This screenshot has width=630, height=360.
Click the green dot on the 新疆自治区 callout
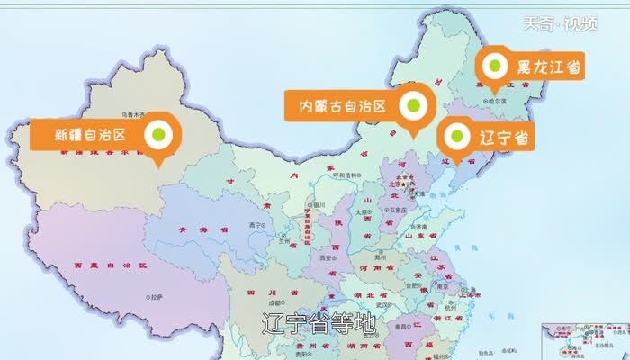158,135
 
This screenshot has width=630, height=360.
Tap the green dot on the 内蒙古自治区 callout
412,105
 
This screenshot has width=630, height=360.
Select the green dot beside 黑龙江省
494,66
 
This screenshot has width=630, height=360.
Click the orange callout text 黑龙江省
548,67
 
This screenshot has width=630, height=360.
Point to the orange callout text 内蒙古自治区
343,106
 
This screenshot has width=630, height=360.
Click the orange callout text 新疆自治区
88,136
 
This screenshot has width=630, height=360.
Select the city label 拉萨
157,296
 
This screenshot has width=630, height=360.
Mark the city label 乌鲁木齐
135,114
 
